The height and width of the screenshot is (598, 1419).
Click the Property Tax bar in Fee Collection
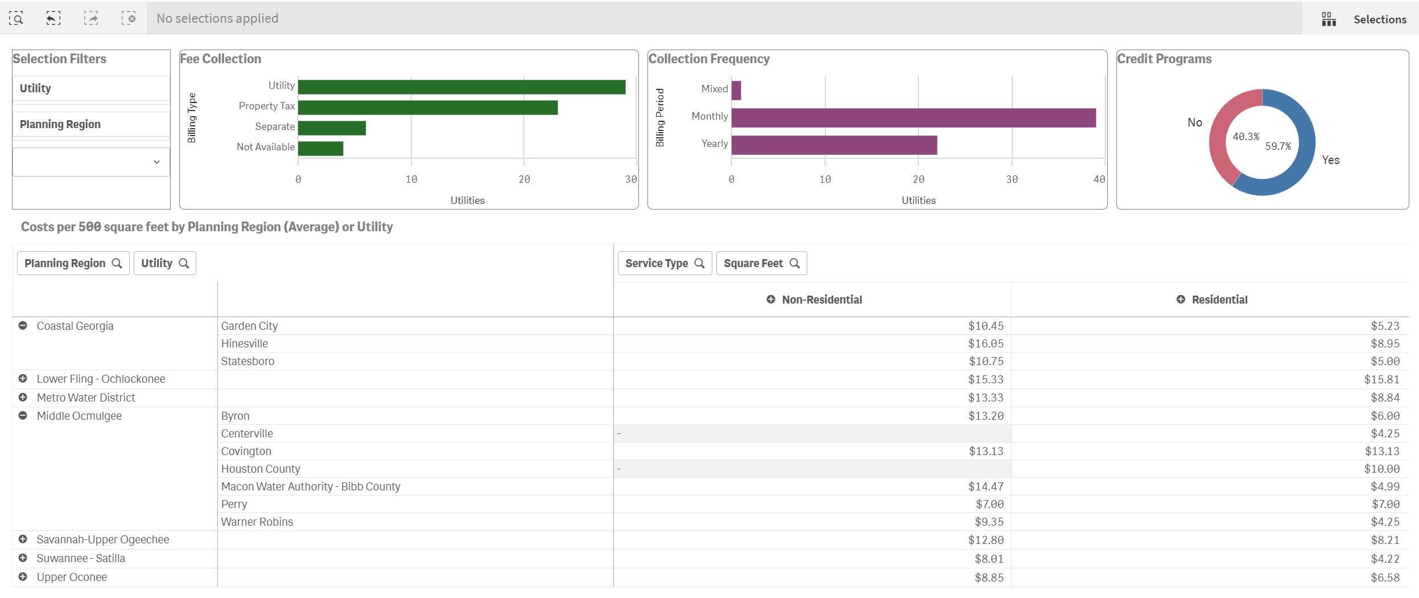pyautogui.click(x=427, y=108)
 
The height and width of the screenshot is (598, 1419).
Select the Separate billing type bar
pyautogui.click(x=331, y=128)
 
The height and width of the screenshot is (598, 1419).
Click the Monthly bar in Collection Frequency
pyautogui.click(x=913, y=118)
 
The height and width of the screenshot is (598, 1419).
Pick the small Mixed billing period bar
pyautogui.click(x=736, y=91)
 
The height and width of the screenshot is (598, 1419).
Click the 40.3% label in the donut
pyautogui.click(x=1245, y=137)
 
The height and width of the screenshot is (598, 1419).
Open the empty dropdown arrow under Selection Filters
pyautogui.click(x=156, y=162)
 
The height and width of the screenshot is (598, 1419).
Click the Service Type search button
pyautogui.click(x=664, y=263)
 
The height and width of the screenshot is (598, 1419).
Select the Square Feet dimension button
pyautogui.click(x=761, y=263)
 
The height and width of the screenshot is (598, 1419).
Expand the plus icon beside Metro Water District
pyautogui.click(x=23, y=398)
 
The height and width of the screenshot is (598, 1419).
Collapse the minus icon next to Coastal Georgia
pyautogui.click(x=23, y=326)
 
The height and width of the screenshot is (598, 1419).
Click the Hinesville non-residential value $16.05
pyautogui.click(x=985, y=343)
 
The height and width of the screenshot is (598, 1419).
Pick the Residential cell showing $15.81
pyautogui.click(x=1381, y=379)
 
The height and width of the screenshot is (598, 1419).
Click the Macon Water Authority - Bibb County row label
pyautogui.click(x=311, y=486)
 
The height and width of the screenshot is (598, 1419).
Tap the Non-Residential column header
pyautogui.click(x=821, y=300)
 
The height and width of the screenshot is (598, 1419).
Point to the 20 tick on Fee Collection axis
pyautogui.click(x=523, y=179)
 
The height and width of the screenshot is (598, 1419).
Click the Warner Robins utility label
pyautogui.click(x=257, y=522)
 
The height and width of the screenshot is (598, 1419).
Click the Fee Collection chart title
pyautogui.click(x=220, y=59)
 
